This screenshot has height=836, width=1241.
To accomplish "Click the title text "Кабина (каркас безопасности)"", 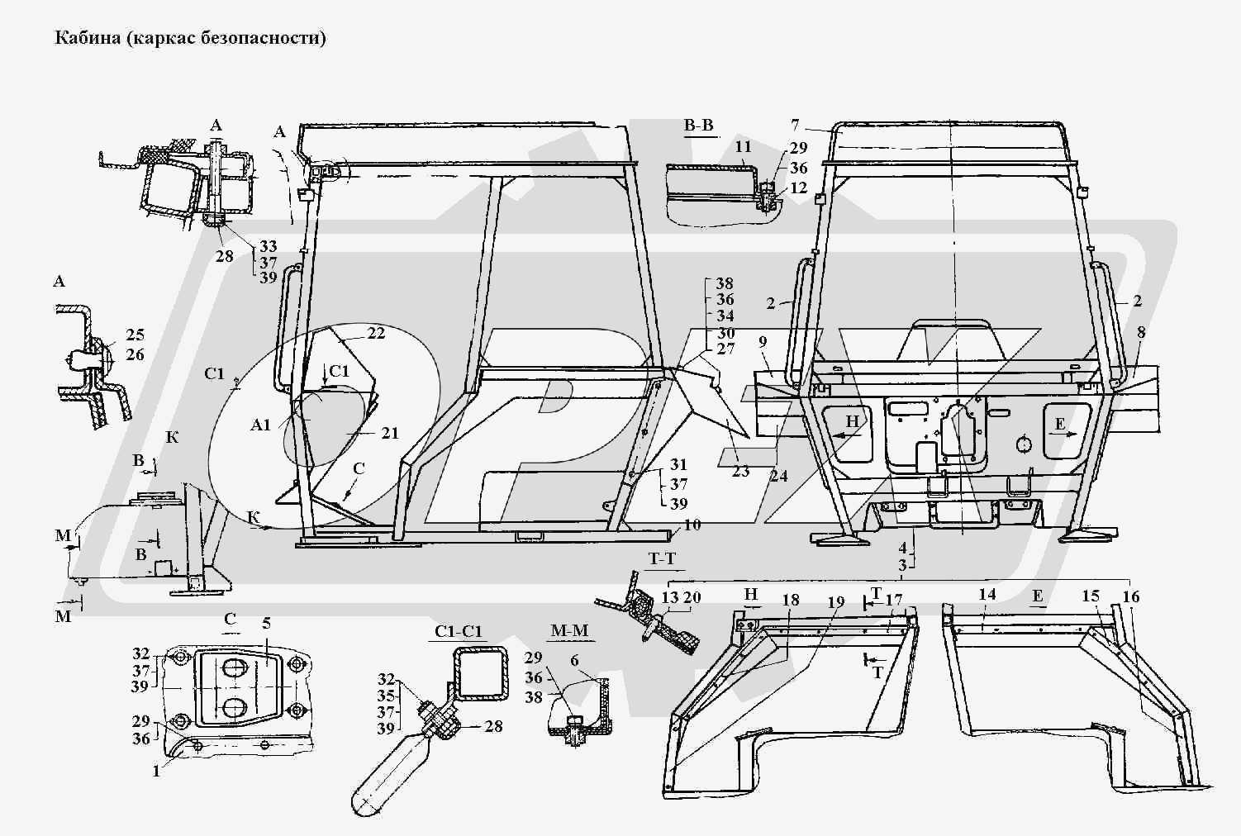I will click(190, 38).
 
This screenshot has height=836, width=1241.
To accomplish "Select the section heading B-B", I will click(698, 126).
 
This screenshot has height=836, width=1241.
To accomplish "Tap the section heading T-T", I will click(662, 559).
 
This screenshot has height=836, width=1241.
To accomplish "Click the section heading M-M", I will click(569, 630).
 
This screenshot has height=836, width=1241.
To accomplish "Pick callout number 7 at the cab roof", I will click(795, 126).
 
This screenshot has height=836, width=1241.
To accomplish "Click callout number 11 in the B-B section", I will click(743, 148).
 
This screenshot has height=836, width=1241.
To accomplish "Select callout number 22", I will click(376, 333).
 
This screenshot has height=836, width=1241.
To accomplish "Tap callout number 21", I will click(389, 433).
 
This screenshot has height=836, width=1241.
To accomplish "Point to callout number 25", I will click(135, 335).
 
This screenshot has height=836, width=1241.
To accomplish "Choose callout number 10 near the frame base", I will click(692, 524).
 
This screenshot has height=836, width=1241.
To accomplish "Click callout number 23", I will click(740, 471).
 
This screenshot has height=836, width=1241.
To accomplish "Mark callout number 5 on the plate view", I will click(267, 623).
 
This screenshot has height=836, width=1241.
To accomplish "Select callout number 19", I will click(836, 602).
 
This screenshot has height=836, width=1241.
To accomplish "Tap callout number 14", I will click(987, 594).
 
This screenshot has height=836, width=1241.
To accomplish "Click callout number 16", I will click(1131, 596).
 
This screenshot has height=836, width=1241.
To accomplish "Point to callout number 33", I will click(268, 246).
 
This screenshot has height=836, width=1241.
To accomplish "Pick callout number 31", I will click(678, 464).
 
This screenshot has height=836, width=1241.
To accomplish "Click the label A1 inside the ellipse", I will click(261, 425).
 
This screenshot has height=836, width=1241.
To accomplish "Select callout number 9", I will click(762, 341).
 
